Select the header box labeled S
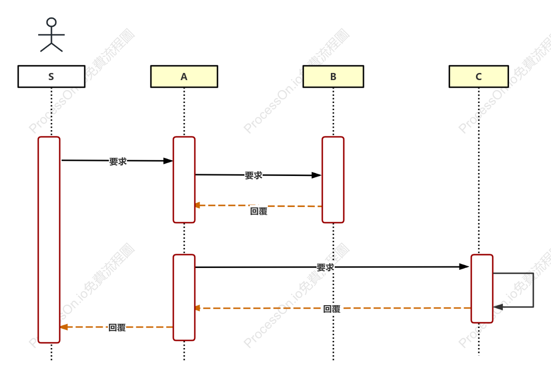point(51,76)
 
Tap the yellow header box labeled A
point(184,76)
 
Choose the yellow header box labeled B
point(333,76)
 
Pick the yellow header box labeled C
point(478,76)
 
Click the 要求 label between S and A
point(118,162)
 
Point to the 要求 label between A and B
point(254,175)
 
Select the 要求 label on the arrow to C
point(325,267)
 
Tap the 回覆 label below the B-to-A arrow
point(259,211)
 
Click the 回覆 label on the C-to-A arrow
point(332,309)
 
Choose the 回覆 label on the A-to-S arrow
point(117,328)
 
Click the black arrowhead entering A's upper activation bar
point(168,161)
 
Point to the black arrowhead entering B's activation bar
point(317,175)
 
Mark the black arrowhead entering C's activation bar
point(464,267)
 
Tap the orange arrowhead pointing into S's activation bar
point(64,327)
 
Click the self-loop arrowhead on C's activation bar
point(498,307)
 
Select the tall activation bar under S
point(49,240)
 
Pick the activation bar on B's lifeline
point(333,180)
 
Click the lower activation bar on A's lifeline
point(184,298)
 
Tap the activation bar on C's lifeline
point(482,288)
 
